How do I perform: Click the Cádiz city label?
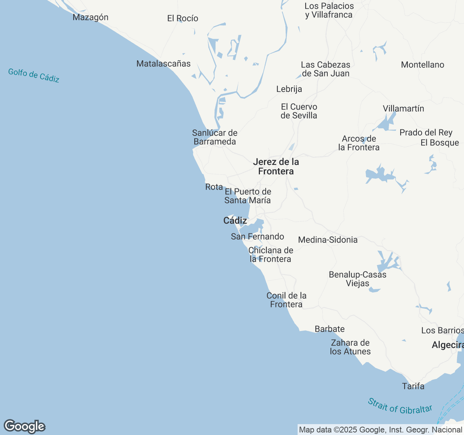click(235, 220)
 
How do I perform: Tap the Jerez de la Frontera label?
click(276, 166)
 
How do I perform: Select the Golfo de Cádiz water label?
click(34, 75)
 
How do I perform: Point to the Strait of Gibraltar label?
click(400, 406)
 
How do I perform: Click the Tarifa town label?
click(413, 386)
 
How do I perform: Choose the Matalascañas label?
click(163, 64)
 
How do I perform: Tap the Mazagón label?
click(91, 17)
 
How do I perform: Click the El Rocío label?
click(183, 18)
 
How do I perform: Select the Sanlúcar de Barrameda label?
click(215, 137)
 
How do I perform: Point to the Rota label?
click(214, 187)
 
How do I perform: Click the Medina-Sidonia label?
click(328, 240)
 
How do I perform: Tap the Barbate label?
click(330, 329)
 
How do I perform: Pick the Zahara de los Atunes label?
click(350, 347)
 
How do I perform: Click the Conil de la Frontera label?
click(286, 300)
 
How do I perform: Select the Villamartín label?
click(403, 108)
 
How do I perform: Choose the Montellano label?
click(422, 65)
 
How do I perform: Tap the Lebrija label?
click(289, 89)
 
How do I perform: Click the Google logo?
click(24, 426)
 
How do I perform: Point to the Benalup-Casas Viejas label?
click(357, 279)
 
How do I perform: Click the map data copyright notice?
click(380, 430)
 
